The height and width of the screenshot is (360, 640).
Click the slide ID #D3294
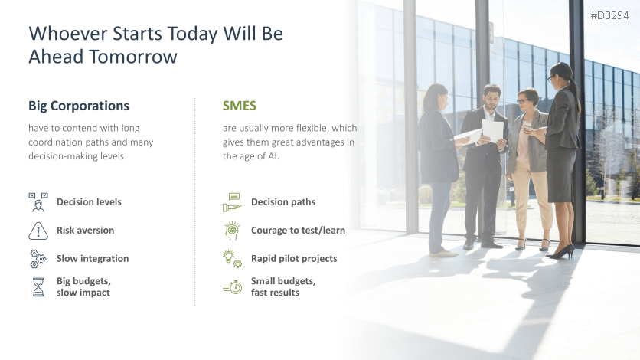[609, 15]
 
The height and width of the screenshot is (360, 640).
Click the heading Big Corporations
[79, 106]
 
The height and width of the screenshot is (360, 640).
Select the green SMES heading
[239, 106]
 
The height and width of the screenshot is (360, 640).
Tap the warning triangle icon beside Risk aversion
[38, 231]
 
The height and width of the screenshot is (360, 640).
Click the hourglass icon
[38, 287]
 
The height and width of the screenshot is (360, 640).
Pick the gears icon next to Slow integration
[38, 259]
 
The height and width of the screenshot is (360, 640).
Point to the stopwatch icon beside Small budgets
[233, 287]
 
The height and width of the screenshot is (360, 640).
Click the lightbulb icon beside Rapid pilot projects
[232, 259]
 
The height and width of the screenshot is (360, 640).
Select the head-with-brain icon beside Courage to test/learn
[232, 231]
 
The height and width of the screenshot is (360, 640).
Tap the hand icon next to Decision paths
[232, 202]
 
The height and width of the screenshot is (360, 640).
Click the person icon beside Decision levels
[38, 202]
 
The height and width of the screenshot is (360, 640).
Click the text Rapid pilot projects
[294, 259]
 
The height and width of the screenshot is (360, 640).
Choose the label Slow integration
[93, 259]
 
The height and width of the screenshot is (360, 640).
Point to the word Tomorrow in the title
[133, 57]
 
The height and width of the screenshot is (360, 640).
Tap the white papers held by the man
[492, 129]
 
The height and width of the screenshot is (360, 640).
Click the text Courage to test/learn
[298, 231]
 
